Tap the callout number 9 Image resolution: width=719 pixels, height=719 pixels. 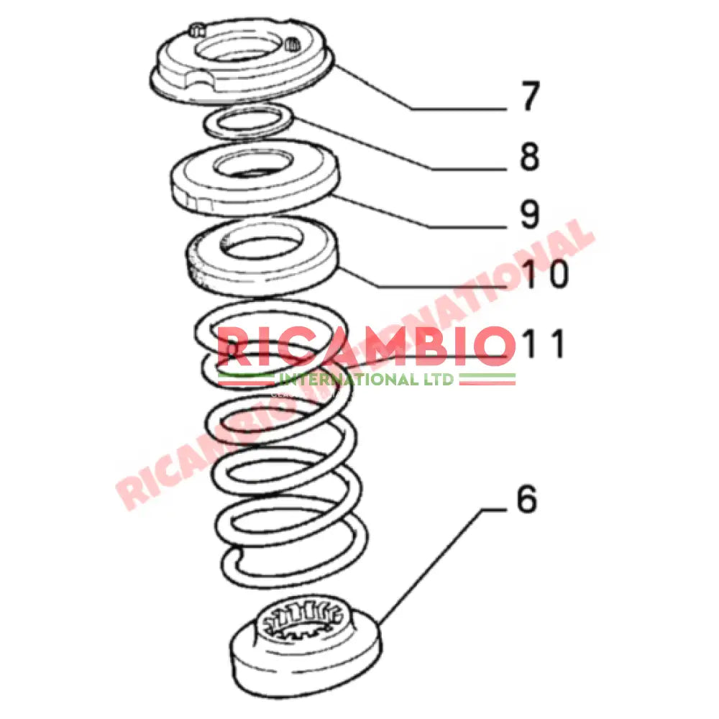coord(530,214)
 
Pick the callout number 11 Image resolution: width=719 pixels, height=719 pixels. coord(545,344)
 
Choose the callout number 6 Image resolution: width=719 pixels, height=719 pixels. coord(526,499)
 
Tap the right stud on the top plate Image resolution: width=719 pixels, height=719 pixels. coord(293,45)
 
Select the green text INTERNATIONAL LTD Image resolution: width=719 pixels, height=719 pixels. coord(367,379)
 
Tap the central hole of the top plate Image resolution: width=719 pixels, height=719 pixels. coord(242,53)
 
